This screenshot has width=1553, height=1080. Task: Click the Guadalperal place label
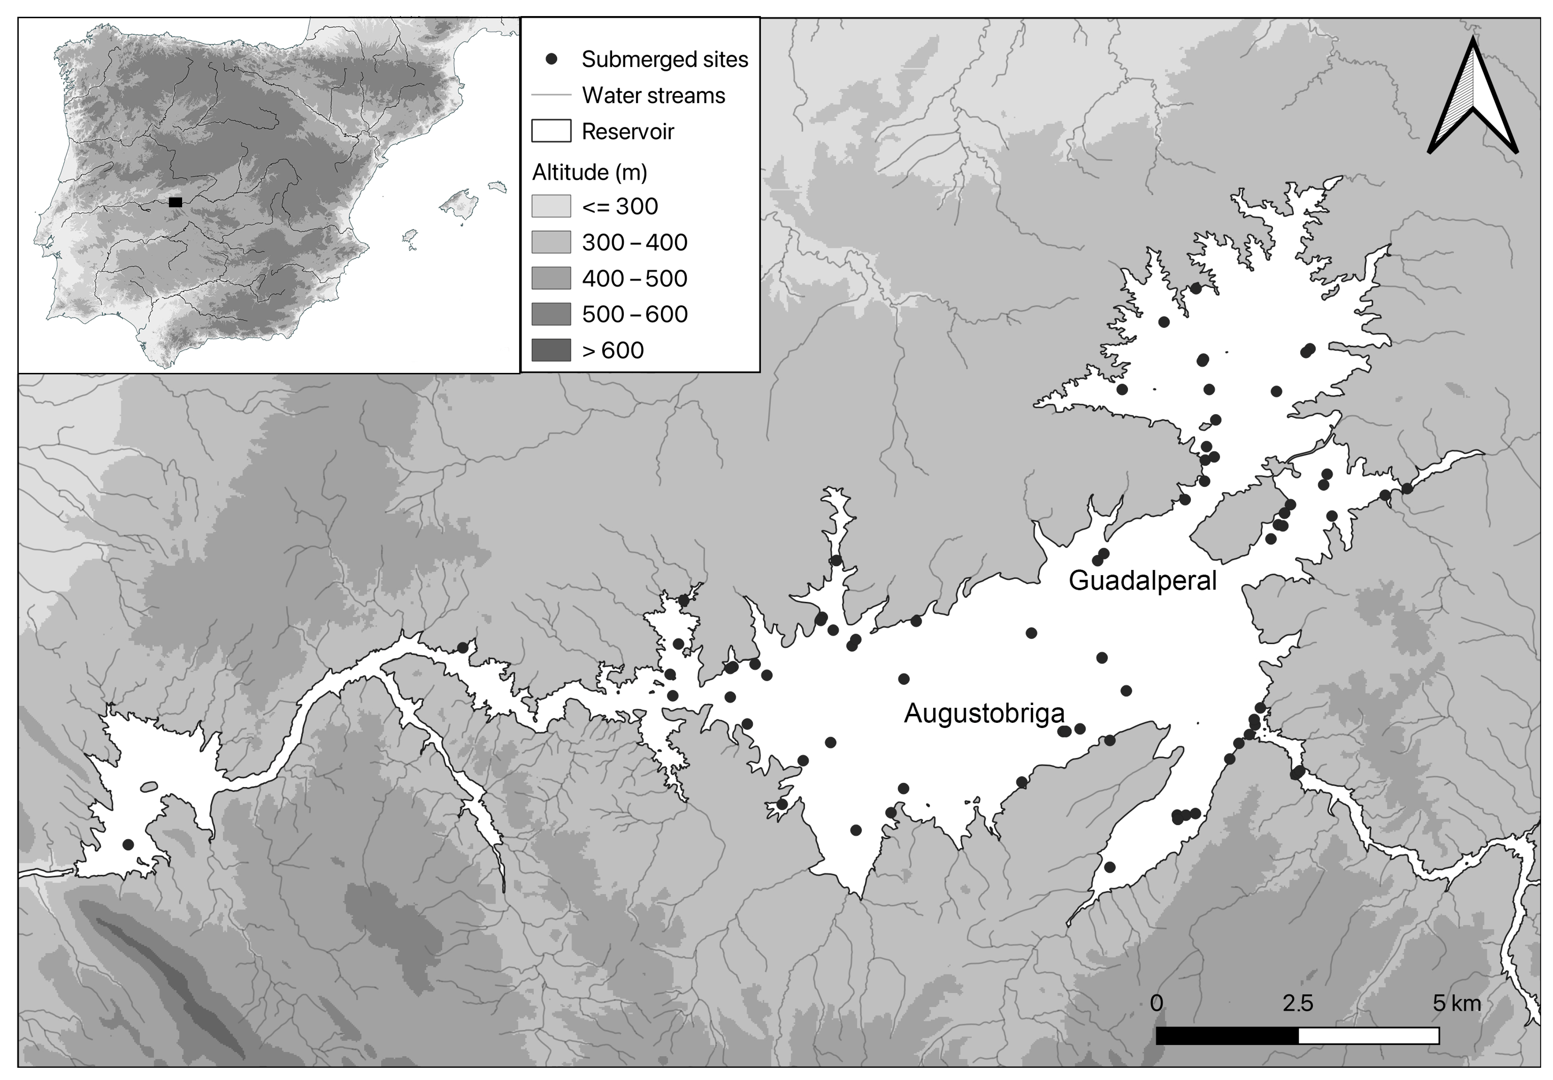[x=1142, y=580]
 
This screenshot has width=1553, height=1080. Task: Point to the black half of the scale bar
[x=1227, y=1035]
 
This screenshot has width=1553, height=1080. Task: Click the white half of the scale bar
[x=1368, y=1035]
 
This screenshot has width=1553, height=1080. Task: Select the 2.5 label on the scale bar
[x=1297, y=1003]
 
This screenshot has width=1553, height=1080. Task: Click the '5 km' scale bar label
[x=1456, y=1003]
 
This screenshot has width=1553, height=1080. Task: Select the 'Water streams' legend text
[x=653, y=95]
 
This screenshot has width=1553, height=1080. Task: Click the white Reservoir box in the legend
[x=551, y=131]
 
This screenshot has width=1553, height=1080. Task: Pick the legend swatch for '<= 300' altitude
[x=551, y=206]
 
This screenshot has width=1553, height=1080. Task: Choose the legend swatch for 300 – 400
[x=551, y=242]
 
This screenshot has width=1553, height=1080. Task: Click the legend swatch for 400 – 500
[x=551, y=278]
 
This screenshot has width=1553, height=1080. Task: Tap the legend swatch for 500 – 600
[x=551, y=314]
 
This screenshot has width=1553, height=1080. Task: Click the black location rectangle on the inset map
[x=175, y=202]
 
